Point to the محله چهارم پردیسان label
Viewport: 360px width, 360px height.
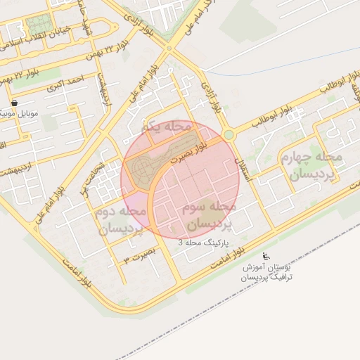[x=310, y=165]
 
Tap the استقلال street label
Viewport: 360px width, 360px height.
[x=250, y=165]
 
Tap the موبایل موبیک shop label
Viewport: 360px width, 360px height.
[x=17, y=113]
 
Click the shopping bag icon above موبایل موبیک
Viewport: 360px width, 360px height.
[x=14, y=103]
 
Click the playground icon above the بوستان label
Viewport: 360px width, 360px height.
[x=265, y=257]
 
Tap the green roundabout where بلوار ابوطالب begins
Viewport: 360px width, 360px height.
[x=229, y=134]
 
